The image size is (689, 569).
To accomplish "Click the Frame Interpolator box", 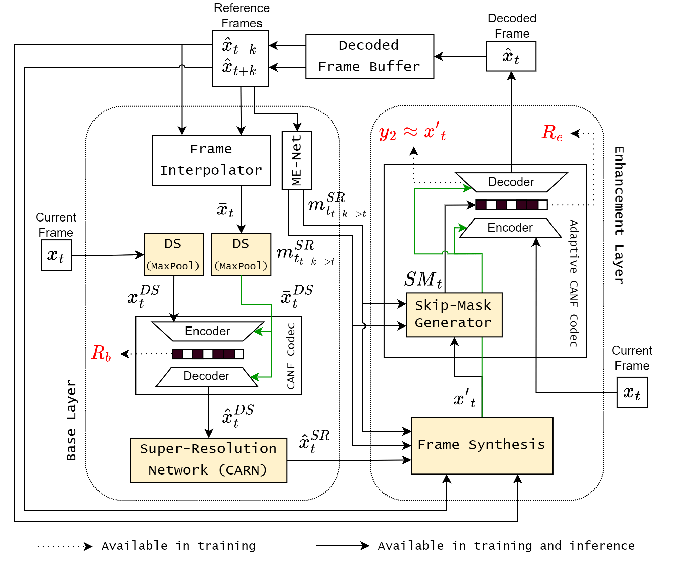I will coord(211,160).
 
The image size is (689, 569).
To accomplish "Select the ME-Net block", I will coord(297,161).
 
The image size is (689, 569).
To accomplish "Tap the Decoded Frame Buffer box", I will coord(370,56).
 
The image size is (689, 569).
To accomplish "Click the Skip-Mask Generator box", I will coord(454,315).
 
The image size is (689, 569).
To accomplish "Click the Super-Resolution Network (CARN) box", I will coord(209,460).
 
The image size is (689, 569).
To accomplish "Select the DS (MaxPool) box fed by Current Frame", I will coord(174,254).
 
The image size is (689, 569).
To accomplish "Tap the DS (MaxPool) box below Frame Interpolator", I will coord(241,254).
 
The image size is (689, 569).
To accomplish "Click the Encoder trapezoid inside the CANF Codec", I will coord(208,331).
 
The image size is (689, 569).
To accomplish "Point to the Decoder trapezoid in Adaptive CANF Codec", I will coord(511,182).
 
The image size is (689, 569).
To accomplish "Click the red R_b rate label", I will coord(101,353).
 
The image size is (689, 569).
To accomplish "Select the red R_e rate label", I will coord(552,132).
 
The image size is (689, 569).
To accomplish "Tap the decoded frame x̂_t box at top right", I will coord(511,56).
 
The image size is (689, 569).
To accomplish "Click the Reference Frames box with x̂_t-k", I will coord(240,58).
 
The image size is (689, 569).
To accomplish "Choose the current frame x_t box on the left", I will coord(57,255).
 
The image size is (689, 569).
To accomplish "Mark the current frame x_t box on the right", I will coord(632,392).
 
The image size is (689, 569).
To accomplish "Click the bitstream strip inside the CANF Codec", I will coord(208,354).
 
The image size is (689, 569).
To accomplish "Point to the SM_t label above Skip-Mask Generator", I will coord(423,279).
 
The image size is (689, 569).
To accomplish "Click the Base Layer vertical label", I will coord(71,420).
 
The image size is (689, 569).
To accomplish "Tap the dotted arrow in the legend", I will coord(64,546).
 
